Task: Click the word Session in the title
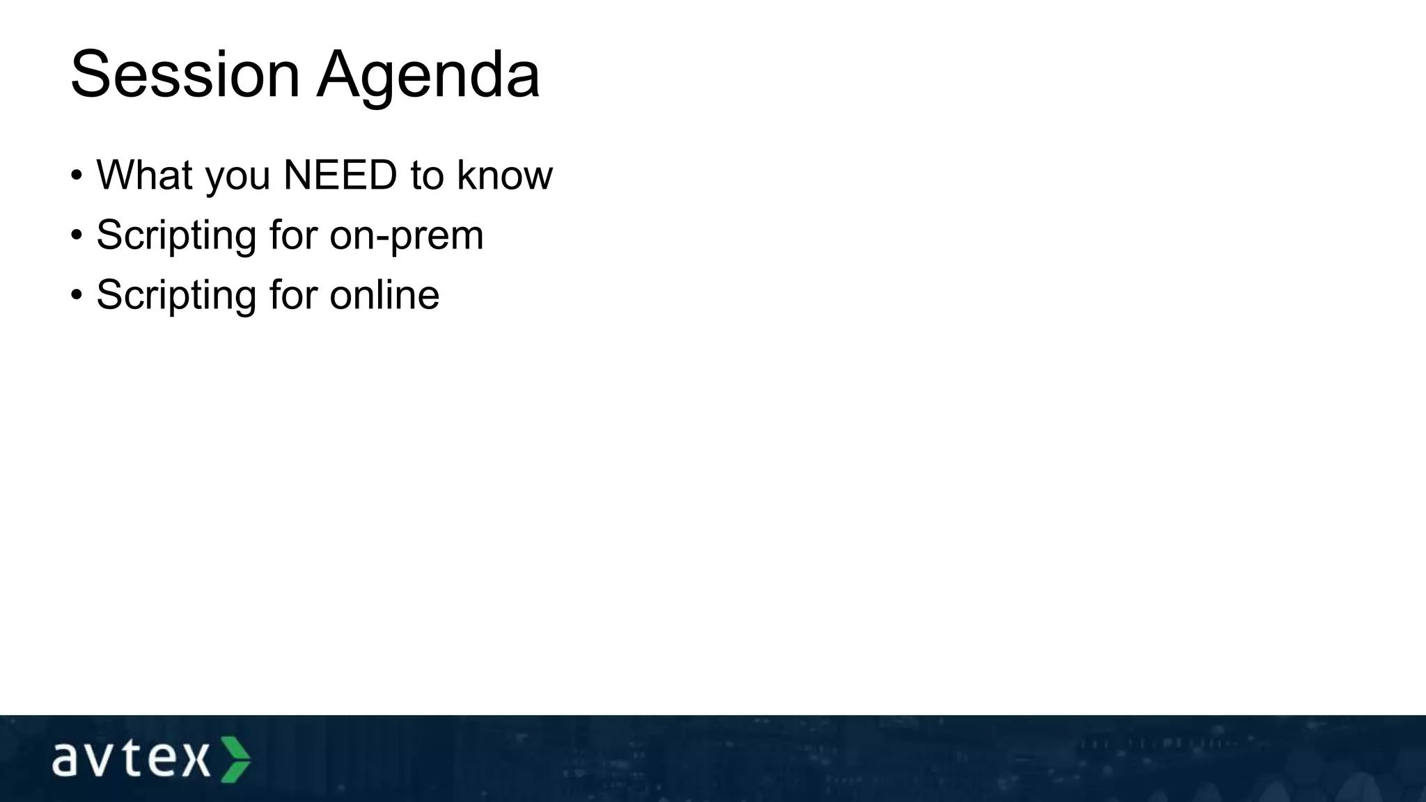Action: pos(185,74)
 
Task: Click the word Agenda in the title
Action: pos(428,74)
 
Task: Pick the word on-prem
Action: pos(407,235)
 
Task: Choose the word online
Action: pos(384,294)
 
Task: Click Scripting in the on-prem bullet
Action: pos(176,235)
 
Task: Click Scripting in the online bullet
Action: pos(176,295)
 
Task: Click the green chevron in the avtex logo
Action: pos(236,760)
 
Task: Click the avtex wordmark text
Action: pos(130,760)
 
